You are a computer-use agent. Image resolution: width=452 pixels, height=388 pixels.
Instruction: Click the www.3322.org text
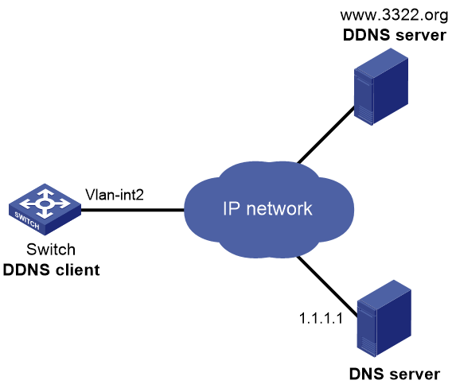coord(394,15)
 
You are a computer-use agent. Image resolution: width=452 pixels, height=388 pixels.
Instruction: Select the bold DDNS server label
coord(395,35)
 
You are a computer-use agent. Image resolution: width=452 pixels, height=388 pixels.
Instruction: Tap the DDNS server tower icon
coord(381,87)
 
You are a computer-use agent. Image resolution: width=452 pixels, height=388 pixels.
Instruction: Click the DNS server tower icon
coord(384,318)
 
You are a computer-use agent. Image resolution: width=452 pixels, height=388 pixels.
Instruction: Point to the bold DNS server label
coord(395,374)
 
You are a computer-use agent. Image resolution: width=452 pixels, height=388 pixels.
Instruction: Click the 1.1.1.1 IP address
coord(321,318)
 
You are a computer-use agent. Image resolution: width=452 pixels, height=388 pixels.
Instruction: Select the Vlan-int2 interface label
coord(115,195)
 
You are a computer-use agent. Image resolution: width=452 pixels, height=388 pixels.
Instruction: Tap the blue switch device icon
coord(45,209)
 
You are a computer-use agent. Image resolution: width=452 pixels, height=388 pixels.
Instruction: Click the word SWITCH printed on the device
coord(27,221)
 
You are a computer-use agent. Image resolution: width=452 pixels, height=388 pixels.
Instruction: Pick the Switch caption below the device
coord(51,249)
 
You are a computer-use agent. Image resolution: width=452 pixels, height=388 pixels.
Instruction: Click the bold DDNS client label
coord(51,270)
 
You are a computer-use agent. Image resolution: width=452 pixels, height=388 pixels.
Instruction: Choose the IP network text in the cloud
coord(267,208)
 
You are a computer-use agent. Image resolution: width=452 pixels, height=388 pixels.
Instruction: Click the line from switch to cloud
coord(133,210)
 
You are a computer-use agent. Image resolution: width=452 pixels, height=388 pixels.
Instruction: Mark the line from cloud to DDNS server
coord(325,135)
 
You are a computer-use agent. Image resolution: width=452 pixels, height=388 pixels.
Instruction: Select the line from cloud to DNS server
coord(327,286)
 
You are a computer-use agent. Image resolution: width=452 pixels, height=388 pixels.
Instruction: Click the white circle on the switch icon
coord(44,204)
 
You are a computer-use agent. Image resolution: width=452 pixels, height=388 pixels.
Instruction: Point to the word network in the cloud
coord(279,208)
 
